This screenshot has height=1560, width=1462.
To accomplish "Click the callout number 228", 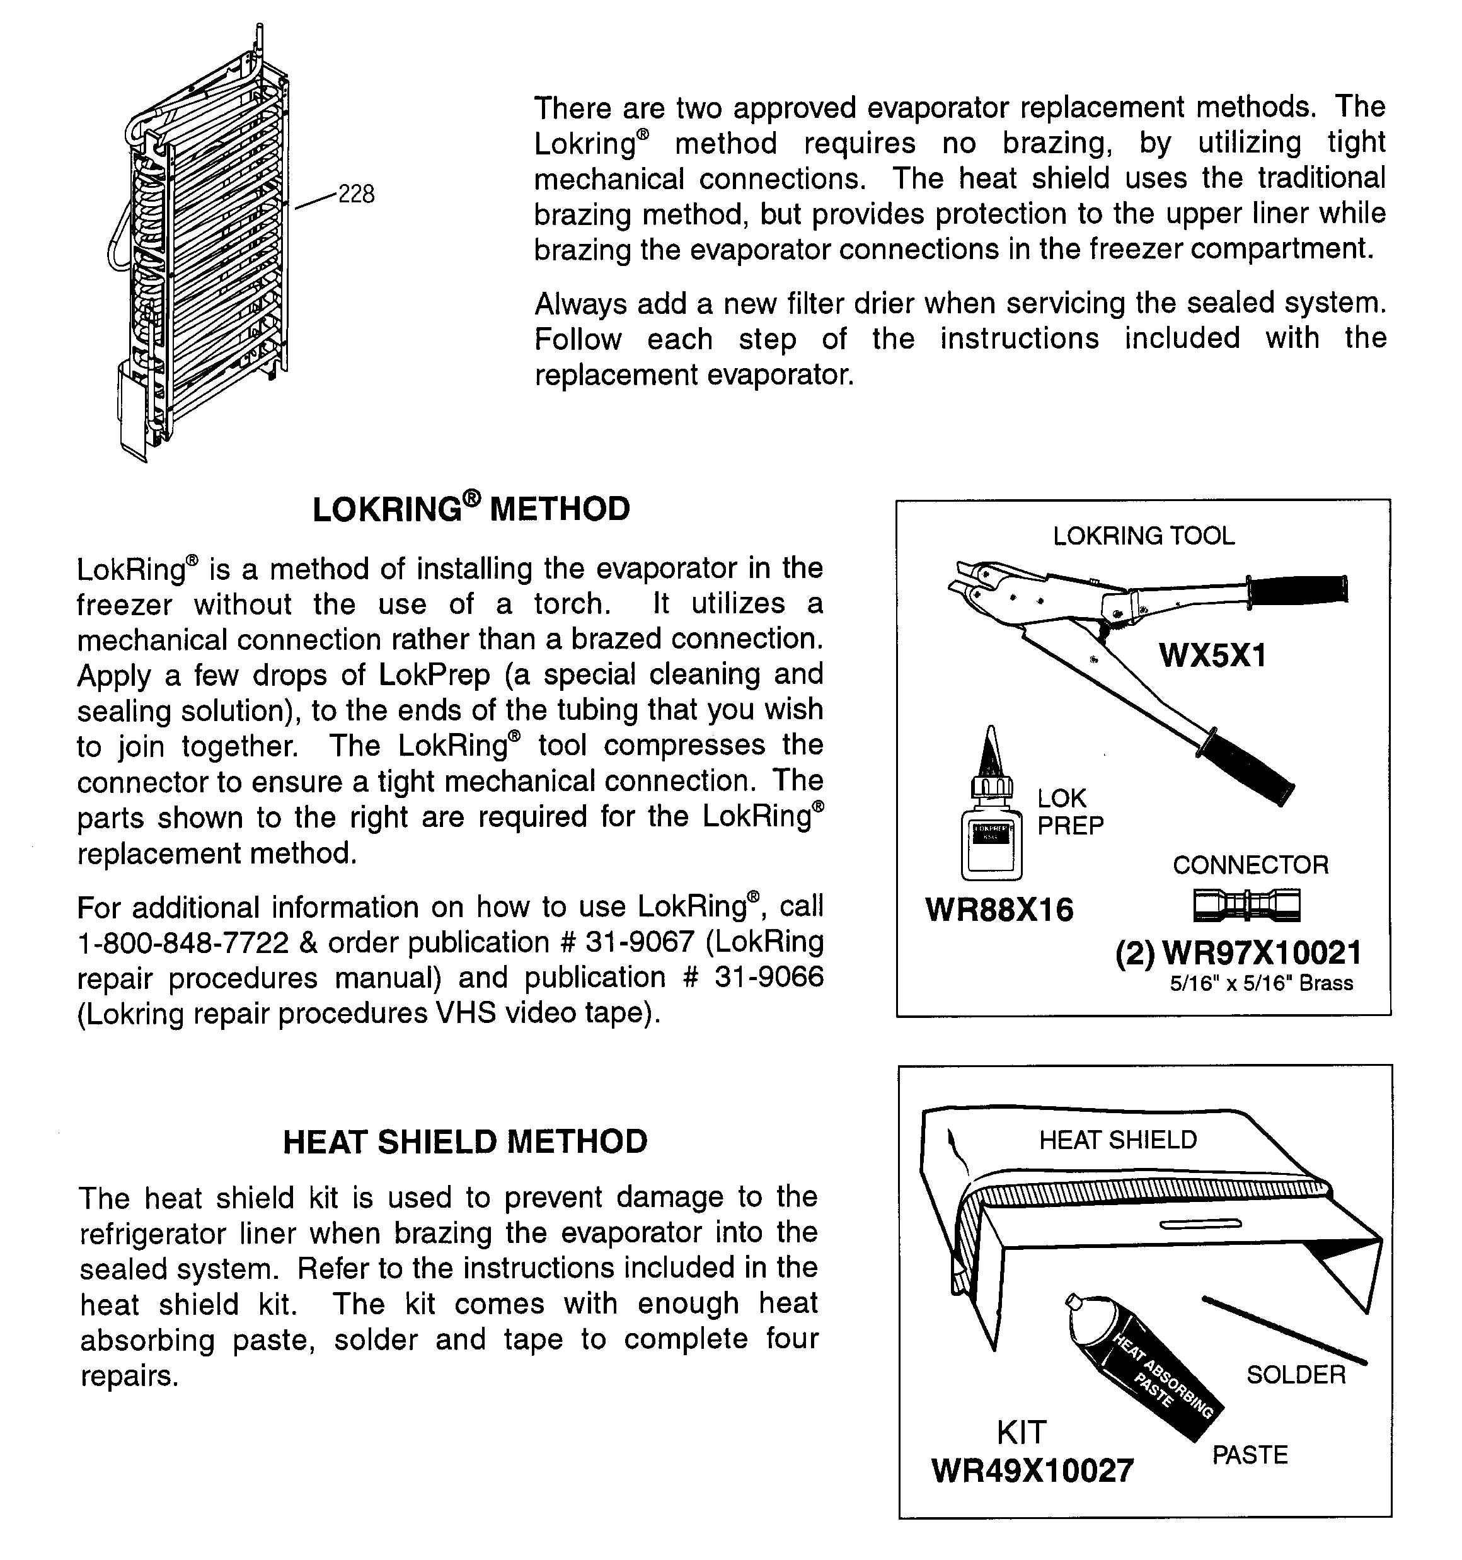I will (x=355, y=194).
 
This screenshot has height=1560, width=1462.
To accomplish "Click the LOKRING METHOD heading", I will (x=471, y=509).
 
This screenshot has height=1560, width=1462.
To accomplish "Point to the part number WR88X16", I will (x=999, y=910).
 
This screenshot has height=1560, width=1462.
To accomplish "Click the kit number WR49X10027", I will (x=1032, y=1470).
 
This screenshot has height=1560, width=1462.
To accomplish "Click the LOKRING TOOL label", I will (x=1143, y=536).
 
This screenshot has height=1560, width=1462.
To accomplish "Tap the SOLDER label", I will (x=1296, y=1374).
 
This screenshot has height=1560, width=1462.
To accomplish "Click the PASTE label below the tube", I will (x=1250, y=1455).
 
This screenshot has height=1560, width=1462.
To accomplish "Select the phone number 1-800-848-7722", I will (x=183, y=942).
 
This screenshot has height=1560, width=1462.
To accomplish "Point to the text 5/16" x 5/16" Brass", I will (x=1261, y=983).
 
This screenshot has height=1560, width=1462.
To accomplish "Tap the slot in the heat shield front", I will (x=1200, y=1223).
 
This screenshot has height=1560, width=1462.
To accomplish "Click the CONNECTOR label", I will (x=1250, y=865).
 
